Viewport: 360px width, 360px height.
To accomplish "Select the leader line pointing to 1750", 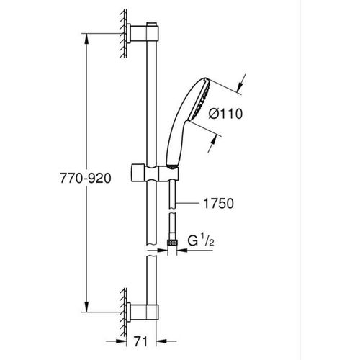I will (x=185, y=203).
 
